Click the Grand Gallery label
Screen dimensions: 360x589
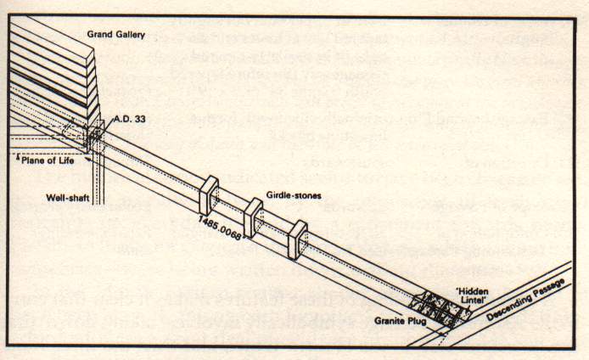pos(115,34)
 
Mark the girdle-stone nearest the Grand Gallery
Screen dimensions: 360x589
pos(210,195)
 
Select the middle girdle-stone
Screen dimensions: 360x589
pos(253,217)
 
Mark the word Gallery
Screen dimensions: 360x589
pos(128,34)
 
